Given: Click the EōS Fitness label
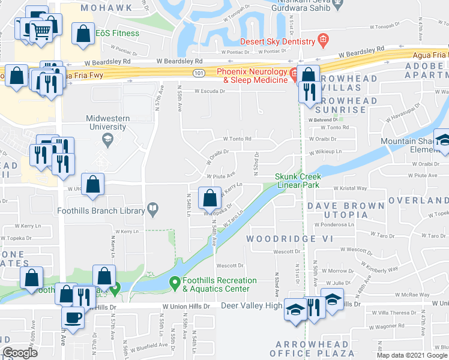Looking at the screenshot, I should coord(118,34).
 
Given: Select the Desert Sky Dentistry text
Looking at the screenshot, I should coord(278,41).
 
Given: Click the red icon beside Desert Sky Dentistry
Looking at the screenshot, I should coord(323,41).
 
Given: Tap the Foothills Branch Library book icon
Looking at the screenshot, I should coord(154,210).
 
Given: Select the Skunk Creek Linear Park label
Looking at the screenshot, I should coord(298,181).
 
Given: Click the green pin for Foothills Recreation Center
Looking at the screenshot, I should coord(175,281).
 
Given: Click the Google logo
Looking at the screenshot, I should coord(20,353).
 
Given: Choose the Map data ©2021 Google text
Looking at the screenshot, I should coord(411,355).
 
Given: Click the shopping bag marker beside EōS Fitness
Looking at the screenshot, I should coord(83,34).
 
